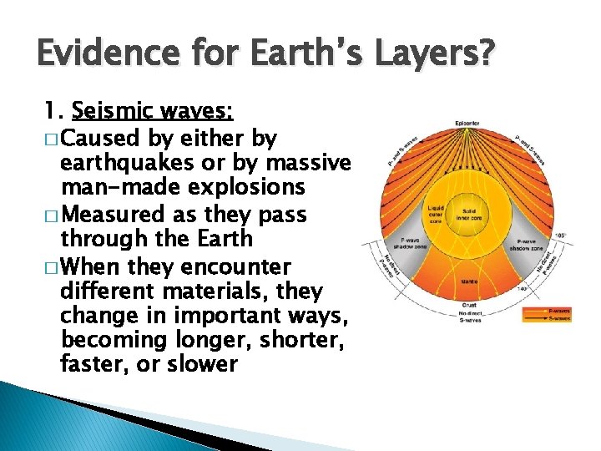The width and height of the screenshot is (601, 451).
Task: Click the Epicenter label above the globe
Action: tap(467, 124)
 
